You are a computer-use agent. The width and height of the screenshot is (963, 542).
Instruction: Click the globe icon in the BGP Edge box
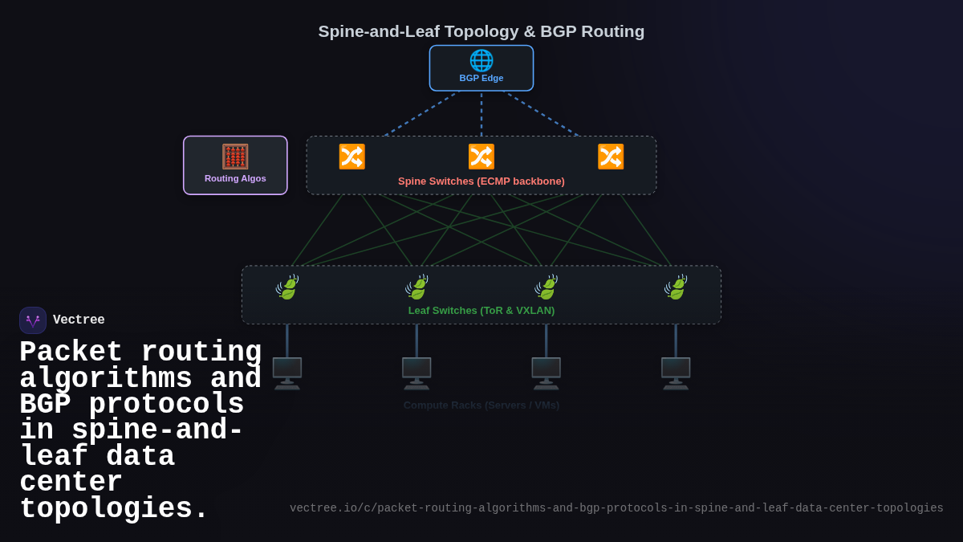tap(481, 60)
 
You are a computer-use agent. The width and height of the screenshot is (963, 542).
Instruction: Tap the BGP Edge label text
tap(481, 78)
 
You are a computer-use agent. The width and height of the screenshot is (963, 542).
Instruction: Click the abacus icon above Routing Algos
tap(235, 157)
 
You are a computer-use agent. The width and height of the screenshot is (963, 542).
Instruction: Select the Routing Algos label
tap(235, 178)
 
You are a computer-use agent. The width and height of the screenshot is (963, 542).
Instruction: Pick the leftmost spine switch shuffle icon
tap(351, 157)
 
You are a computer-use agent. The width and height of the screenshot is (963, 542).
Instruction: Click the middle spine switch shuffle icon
tap(481, 157)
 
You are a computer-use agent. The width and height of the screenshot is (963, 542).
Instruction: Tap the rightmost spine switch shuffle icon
tap(611, 157)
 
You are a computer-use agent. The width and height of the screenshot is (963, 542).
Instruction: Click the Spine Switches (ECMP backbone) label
tap(481, 181)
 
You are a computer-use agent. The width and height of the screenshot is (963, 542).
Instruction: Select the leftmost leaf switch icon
tap(287, 287)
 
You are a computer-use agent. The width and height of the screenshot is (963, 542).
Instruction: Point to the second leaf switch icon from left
tap(416, 287)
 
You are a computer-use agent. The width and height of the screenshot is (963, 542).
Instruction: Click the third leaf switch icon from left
tap(547, 287)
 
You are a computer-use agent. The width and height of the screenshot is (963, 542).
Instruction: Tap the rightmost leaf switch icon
tap(676, 287)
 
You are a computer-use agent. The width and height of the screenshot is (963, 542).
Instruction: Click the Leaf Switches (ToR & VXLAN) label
tap(481, 311)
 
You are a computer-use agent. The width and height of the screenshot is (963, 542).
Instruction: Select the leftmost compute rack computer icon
tap(287, 373)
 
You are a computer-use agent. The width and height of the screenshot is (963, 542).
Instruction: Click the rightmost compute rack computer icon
tap(676, 373)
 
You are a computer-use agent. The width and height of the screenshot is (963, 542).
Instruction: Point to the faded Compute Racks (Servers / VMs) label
tap(481, 405)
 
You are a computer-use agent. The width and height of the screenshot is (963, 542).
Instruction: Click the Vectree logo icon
tap(33, 320)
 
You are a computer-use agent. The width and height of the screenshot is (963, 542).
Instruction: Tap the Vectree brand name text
tap(79, 320)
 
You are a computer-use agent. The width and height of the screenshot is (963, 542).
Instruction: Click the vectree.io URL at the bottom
tap(616, 508)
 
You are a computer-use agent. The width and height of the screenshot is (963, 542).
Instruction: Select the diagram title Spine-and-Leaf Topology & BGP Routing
tap(481, 31)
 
